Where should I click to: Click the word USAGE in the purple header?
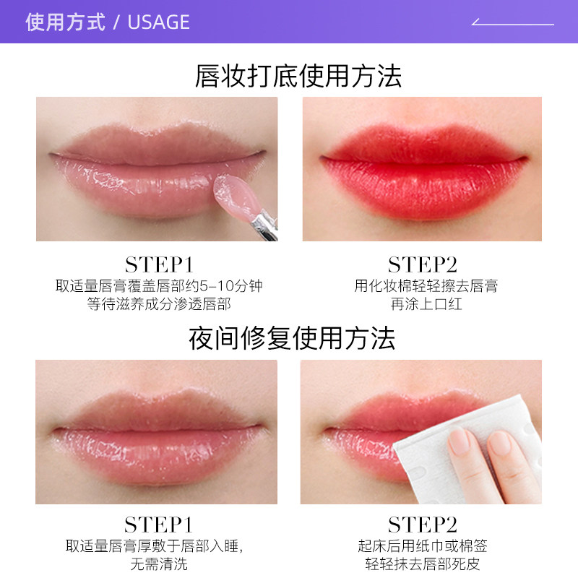click(158, 22)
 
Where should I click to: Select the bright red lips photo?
click(422, 169)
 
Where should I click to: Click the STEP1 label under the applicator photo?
click(159, 264)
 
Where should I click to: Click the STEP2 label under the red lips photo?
click(423, 264)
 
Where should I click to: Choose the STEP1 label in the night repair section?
click(159, 525)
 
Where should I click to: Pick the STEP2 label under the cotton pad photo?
click(423, 525)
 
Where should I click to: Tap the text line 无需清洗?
click(159, 564)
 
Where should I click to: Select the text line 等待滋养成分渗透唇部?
click(159, 304)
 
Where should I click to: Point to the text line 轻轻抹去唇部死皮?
click(423, 564)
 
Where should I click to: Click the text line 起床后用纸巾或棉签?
click(423, 546)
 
